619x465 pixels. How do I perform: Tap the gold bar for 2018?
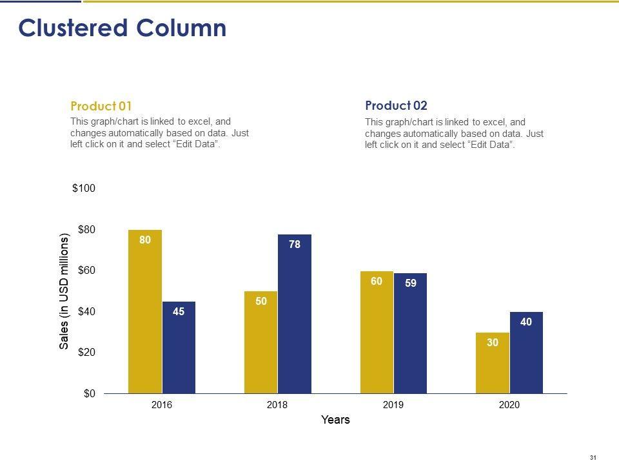click(x=260, y=342)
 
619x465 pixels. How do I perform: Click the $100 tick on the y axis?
click(x=83, y=189)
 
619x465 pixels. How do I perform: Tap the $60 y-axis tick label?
click(x=86, y=271)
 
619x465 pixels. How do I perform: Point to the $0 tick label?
click(x=89, y=393)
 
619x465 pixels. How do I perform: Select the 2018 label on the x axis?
click(x=277, y=405)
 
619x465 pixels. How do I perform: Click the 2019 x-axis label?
click(x=393, y=405)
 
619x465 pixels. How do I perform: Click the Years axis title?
click(x=335, y=420)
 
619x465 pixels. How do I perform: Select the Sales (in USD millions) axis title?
click(x=64, y=293)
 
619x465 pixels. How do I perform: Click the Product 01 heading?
click(x=101, y=107)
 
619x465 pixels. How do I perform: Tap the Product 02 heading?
click(x=396, y=106)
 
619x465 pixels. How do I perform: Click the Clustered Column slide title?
click(x=123, y=28)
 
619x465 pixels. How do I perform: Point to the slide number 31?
click(x=593, y=457)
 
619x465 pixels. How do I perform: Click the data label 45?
click(x=179, y=311)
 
